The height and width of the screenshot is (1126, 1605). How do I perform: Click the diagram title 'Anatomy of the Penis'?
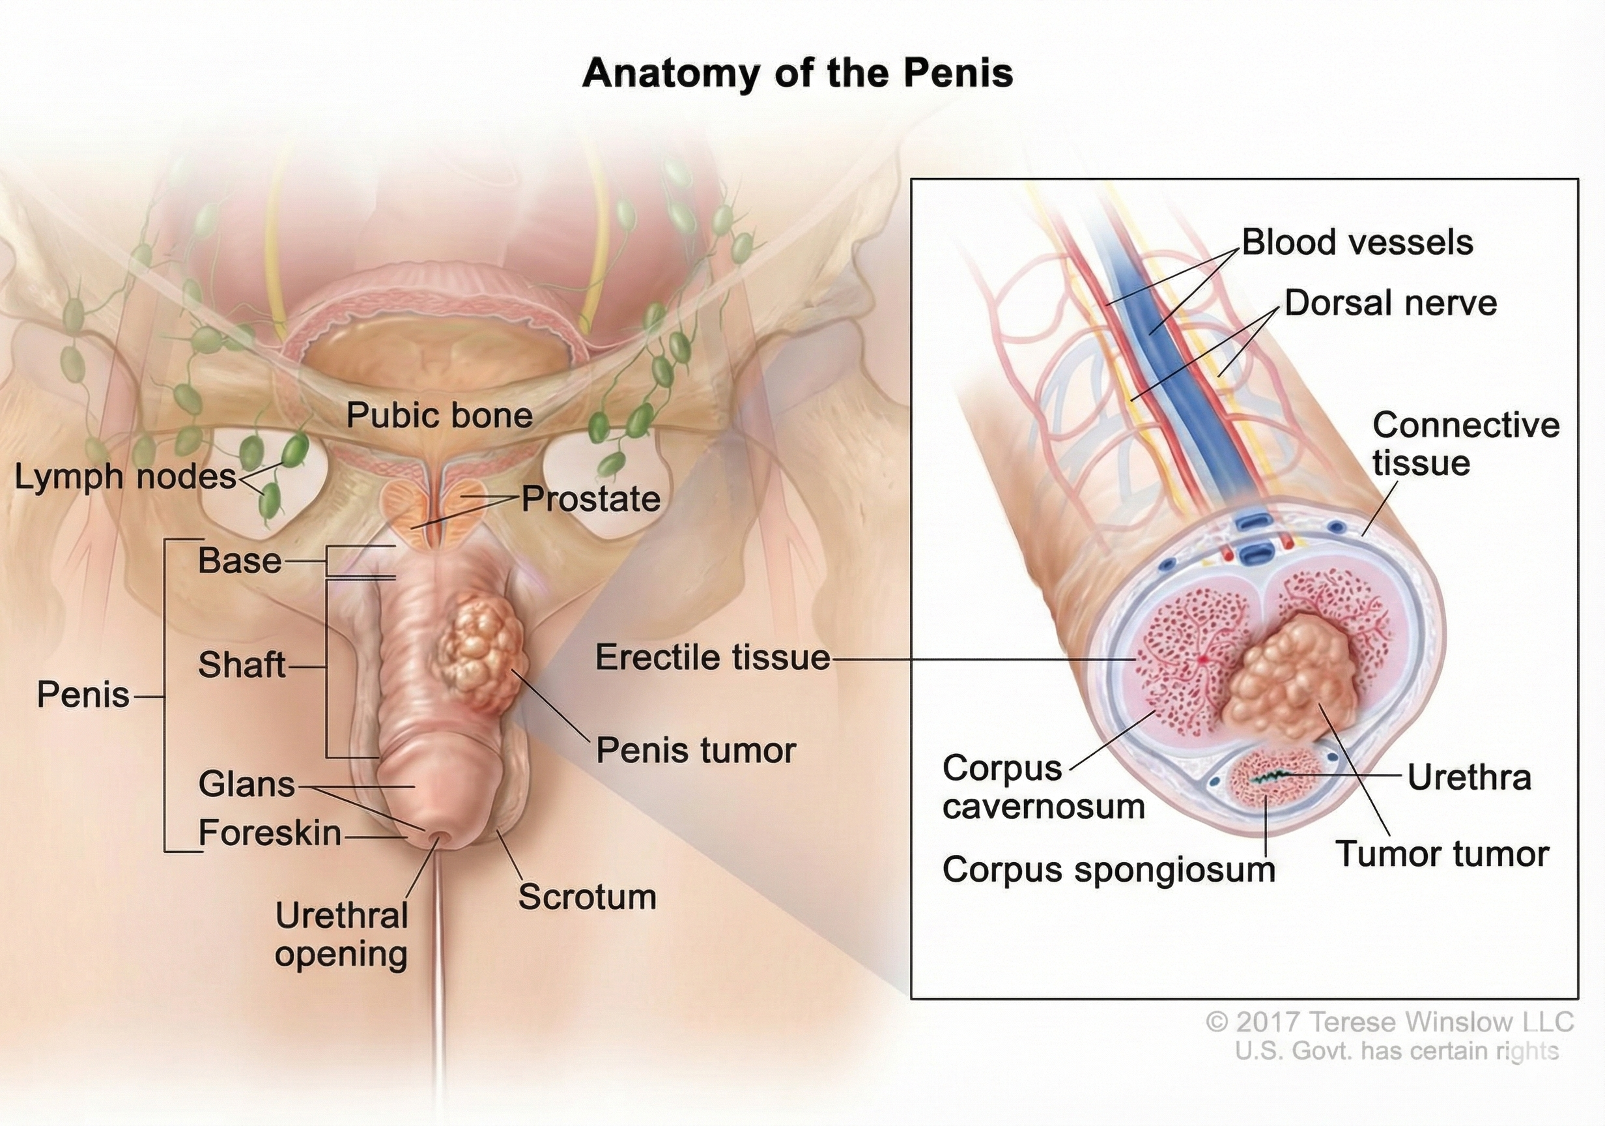(797, 74)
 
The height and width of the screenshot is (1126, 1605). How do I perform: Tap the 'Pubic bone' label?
(440, 416)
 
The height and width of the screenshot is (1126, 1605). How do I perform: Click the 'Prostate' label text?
(591, 499)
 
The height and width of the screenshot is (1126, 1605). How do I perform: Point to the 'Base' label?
(240, 561)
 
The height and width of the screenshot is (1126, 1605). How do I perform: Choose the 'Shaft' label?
(242, 665)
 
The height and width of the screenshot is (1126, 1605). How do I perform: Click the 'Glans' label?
(247, 784)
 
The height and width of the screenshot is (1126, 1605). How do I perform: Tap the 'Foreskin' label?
(270, 833)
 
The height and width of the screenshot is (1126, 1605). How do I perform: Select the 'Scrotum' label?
(587, 897)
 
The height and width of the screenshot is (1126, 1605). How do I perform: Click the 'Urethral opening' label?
(341, 935)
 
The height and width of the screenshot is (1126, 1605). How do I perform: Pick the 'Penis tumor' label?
(696, 751)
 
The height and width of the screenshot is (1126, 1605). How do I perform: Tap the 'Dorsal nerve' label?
(1391, 304)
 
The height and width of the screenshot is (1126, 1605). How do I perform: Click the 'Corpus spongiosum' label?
(1109, 870)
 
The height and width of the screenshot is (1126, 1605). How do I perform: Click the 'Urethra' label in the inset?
(1470, 778)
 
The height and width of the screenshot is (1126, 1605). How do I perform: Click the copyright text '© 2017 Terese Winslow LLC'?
(1389, 1022)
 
